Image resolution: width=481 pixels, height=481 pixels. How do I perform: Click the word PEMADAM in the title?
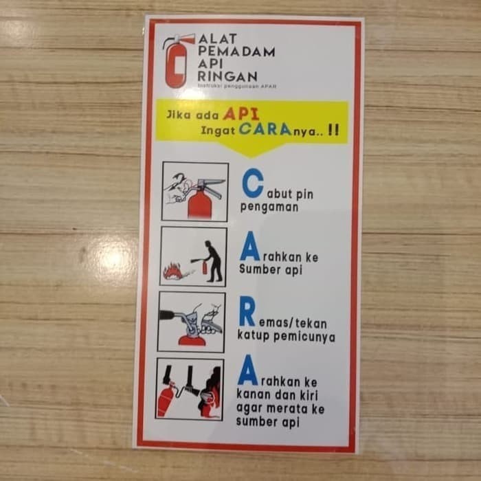pos(236,51)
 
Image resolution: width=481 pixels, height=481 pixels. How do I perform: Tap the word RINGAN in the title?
pos(227,76)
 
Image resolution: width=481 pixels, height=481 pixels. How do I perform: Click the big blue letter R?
pos(247,313)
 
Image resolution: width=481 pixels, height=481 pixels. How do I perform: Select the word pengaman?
pos(269,206)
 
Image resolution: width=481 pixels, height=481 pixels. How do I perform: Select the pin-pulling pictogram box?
pos(194,191)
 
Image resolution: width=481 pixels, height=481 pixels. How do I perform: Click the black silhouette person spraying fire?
pos(214,261)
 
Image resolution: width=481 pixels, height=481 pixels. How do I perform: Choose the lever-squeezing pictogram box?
pos(191,322)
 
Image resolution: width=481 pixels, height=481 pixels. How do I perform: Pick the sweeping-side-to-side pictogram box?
pos(190,388)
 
